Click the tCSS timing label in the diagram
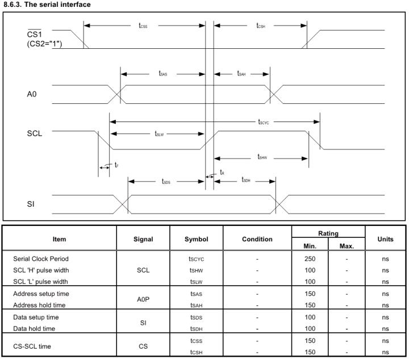coord(143,26)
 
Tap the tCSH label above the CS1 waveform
coord(261,26)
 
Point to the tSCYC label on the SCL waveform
coord(264,122)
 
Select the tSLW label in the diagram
coord(159,134)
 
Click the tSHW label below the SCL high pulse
coord(262,157)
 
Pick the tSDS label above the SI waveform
coord(166,181)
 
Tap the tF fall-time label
coord(116,165)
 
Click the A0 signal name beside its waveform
coord(32,94)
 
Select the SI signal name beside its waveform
coord(31,204)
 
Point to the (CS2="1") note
coord(44,44)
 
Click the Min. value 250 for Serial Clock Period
coord(310,259)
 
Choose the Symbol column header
coord(196,239)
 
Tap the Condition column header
coord(257,239)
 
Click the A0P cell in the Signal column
coord(143,299)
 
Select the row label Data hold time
coord(34,328)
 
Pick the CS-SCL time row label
coord(32,346)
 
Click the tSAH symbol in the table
coord(196,305)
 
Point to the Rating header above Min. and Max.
coord(328,233)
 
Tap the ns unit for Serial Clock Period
coord(385,259)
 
